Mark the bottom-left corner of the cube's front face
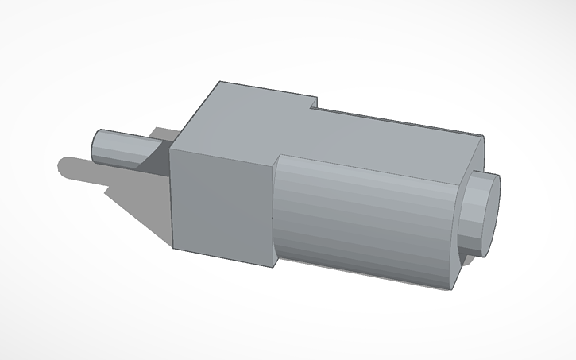(173, 247)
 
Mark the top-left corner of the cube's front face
(171, 146)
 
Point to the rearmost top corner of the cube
(221, 81)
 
